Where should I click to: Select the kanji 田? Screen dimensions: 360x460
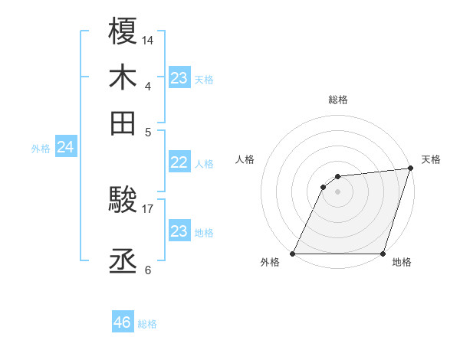(123, 123)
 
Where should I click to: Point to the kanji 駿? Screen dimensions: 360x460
(123, 201)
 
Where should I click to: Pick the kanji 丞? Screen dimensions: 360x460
(123, 261)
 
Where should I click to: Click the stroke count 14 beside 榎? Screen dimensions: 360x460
(148, 39)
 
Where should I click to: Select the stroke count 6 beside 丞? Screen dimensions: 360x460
(148, 269)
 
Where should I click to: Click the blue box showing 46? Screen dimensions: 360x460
(123, 322)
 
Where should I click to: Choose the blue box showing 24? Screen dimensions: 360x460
(65, 147)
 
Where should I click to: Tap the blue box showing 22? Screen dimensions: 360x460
(179, 162)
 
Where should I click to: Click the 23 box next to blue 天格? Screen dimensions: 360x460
(179, 78)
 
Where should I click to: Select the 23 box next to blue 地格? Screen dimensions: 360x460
(179, 231)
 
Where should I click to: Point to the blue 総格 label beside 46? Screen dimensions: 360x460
(147, 324)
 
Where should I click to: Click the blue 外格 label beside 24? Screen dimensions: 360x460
(41, 149)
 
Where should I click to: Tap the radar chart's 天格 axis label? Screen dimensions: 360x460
(431, 159)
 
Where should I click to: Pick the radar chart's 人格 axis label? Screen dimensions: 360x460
(245, 159)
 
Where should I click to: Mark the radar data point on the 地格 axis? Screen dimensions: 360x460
(383, 254)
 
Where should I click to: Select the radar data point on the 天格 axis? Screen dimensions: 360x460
(410, 169)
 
